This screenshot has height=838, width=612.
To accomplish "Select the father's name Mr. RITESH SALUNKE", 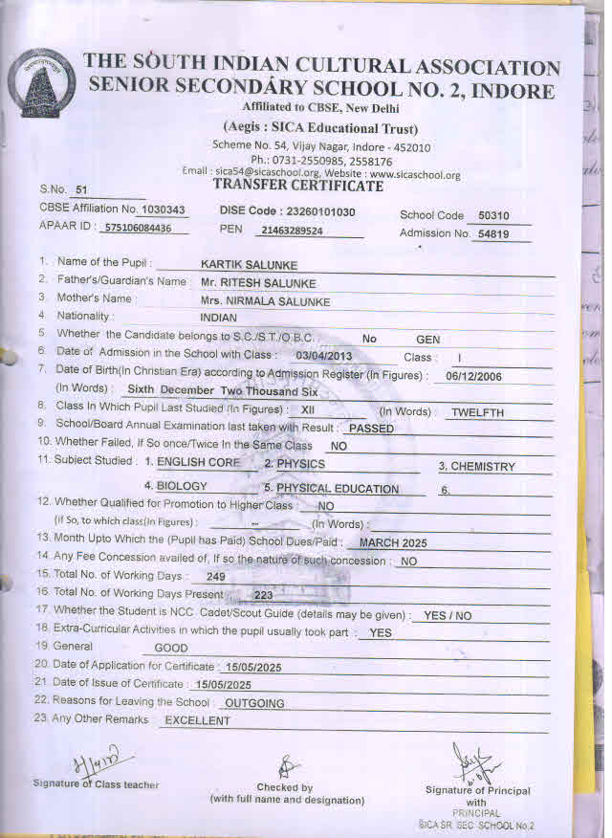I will [x=258, y=282].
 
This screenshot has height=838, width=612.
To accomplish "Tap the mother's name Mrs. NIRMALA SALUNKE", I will [x=265, y=301].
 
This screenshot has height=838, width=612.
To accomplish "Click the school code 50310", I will [x=494, y=215].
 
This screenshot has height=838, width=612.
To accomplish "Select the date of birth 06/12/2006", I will [x=474, y=376].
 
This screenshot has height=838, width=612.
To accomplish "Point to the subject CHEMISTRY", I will [x=483, y=467].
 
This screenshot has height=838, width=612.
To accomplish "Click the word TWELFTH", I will [x=477, y=412].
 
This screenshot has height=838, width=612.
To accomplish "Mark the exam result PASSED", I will [x=371, y=429].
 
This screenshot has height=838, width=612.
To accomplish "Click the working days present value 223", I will [x=263, y=594].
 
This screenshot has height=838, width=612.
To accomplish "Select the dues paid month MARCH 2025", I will [x=393, y=542].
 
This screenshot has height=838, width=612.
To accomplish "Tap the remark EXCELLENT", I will [x=198, y=720].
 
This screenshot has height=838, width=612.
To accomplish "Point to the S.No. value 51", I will [x=80, y=189].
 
